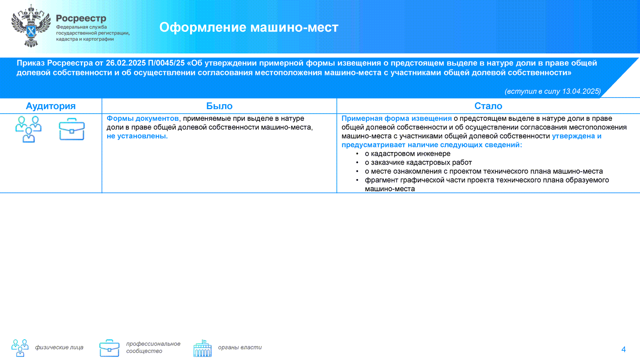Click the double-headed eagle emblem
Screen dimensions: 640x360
click(31, 26)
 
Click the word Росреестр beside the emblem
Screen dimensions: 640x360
click(81, 18)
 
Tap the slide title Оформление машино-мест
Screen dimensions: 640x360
click(248, 27)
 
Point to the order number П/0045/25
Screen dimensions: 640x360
click(166, 63)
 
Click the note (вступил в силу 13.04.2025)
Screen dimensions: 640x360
click(552, 91)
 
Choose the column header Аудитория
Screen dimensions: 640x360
click(50, 106)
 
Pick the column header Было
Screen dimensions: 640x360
click(219, 106)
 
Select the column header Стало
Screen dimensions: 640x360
click(488, 106)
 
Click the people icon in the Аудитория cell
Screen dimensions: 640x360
click(28, 129)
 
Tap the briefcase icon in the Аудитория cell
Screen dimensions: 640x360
click(72, 129)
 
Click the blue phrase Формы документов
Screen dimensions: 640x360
click(143, 118)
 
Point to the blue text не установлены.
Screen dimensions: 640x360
click(137, 136)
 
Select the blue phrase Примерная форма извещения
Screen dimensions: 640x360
click(397, 118)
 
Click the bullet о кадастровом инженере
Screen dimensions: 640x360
click(407, 154)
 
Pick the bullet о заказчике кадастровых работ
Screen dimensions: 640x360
click(418, 162)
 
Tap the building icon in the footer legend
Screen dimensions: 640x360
click(202, 348)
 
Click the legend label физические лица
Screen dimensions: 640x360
click(59, 347)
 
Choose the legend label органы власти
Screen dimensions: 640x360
click(240, 347)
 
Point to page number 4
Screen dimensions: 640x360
click(623, 350)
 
